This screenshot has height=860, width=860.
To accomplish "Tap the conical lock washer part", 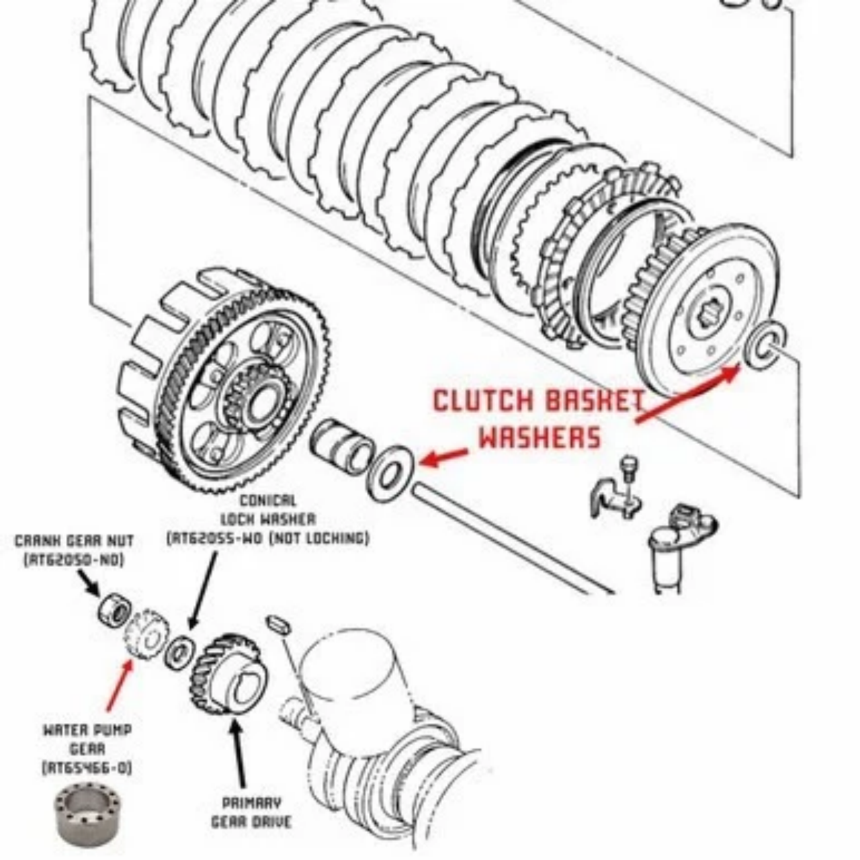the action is tap(179, 652).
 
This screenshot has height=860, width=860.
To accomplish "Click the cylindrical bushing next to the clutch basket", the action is tap(341, 446).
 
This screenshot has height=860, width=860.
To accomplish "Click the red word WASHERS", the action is tap(539, 438).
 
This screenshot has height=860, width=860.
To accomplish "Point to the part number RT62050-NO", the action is tap(74, 560).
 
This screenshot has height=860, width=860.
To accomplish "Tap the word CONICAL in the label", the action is tap(268, 501).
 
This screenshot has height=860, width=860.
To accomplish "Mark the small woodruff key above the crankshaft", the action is tap(279, 625).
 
